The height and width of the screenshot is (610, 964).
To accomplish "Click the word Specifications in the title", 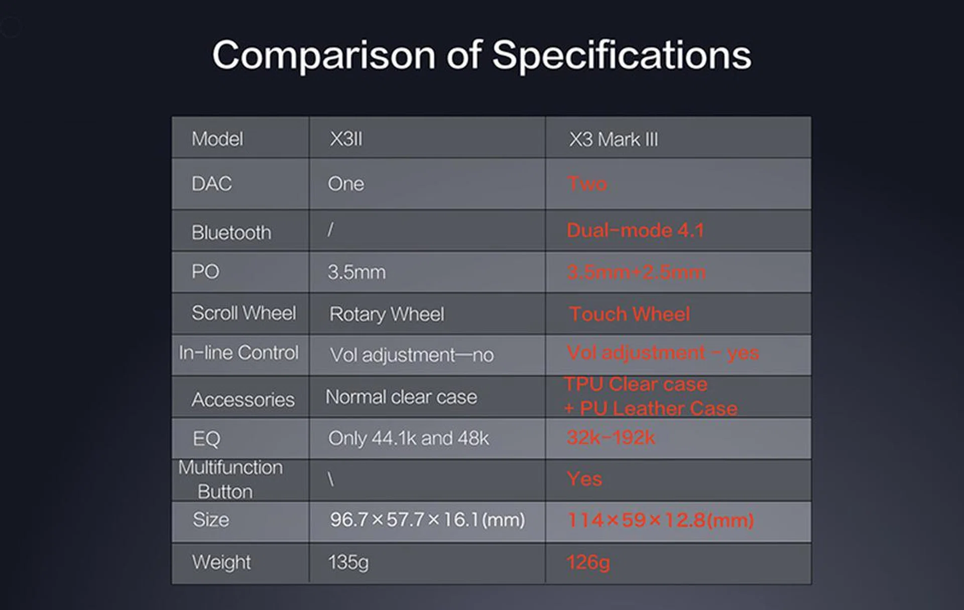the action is (622, 56).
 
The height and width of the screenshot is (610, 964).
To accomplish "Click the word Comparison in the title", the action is (324, 56).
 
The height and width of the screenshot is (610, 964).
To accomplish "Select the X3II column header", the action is (346, 139).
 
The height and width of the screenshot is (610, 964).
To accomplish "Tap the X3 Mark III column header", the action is (613, 139).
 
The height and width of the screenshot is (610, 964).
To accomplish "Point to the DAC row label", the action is (211, 184).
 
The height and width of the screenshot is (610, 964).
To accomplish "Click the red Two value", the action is (587, 183).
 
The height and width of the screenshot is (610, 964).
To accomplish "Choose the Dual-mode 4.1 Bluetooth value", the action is (635, 231).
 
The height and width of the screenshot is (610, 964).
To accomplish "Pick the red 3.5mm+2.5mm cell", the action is (636, 272).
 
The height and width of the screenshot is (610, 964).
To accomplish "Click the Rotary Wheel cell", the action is (387, 315).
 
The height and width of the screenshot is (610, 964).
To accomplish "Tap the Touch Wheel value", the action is (630, 314).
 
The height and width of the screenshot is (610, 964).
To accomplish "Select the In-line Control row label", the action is (238, 353).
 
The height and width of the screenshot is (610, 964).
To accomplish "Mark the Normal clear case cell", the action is (401, 397).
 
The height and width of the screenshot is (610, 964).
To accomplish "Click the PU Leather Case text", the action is (659, 409).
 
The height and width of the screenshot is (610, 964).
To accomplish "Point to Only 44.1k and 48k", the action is (408, 439).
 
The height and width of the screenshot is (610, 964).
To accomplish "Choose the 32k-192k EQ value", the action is (611, 438).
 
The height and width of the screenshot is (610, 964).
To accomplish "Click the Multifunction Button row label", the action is (230, 479).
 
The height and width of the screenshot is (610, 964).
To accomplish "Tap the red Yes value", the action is (584, 479).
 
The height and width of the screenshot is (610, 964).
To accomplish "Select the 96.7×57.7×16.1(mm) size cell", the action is (427, 520).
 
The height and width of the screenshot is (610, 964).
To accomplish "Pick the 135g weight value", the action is (348, 562).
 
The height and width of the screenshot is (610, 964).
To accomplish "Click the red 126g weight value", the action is (588, 562).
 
